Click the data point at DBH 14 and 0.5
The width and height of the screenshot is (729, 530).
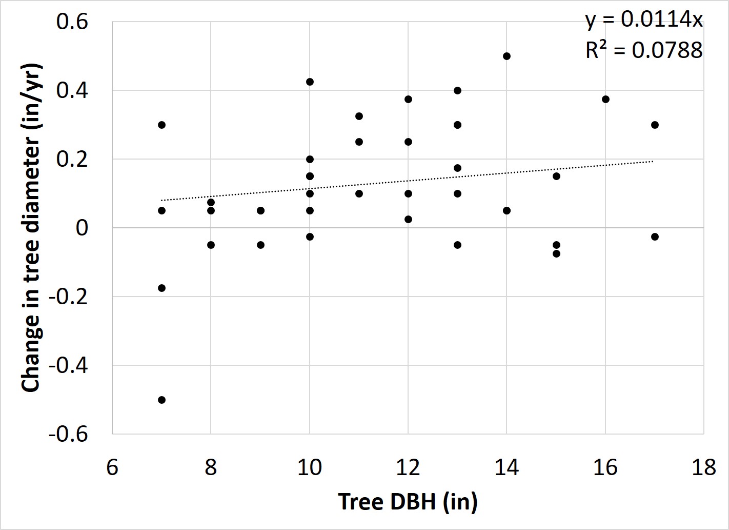[507, 56]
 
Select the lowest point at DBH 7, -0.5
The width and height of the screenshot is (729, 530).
[161, 400]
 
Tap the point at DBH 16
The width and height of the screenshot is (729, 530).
[605, 99]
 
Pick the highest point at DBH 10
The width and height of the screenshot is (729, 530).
[310, 82]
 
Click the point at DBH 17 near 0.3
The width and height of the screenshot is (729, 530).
[655, 125]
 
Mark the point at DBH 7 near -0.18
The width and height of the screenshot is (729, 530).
[161, 288]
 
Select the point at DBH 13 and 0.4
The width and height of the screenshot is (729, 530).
[457, 91]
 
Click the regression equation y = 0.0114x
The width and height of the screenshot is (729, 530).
[644, 19]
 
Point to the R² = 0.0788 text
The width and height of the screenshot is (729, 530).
[644, 50]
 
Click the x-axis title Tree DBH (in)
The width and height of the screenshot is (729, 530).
[408, 501]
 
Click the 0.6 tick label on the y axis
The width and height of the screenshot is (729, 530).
[72, 22]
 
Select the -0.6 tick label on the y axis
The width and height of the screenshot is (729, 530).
[69, 435]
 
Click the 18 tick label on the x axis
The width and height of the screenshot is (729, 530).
[703, 467]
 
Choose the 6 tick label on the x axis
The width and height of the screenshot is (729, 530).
[112, 467]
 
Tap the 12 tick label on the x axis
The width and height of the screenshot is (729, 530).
[408, 467]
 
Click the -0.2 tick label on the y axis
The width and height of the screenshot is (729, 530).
[69, 297]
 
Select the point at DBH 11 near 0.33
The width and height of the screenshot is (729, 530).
[359, 116]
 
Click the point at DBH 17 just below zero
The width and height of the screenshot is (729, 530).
[655, 237]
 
